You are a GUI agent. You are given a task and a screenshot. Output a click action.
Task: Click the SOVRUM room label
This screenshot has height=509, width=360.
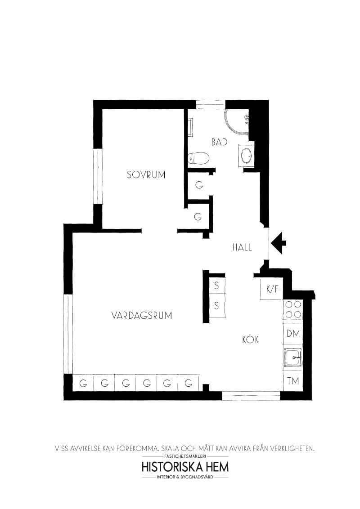146,174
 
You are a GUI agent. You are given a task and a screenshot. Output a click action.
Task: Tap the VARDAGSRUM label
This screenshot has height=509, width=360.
142,316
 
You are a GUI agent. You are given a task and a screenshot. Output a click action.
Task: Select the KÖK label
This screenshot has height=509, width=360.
250,340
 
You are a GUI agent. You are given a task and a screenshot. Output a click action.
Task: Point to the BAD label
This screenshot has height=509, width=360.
219,142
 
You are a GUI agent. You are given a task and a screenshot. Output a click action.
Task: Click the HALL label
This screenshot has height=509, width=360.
242,247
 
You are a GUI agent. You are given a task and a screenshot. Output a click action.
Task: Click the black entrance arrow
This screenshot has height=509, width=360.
279,243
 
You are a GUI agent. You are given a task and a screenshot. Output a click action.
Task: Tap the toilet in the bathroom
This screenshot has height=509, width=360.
199,158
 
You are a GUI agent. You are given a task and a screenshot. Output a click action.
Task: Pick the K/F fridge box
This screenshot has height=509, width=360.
272,289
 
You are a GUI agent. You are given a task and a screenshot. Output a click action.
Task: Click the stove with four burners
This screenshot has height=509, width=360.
292,310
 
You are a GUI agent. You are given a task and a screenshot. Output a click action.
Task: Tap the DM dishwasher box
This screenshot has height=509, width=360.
293,334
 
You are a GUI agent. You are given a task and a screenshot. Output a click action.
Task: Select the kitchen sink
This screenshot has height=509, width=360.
292,358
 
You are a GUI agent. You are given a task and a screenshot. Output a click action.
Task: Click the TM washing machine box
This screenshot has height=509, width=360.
293,381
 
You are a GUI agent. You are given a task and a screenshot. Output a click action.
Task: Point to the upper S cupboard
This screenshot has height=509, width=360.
216,285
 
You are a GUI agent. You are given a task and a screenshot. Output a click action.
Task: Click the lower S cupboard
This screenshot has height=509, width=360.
216,306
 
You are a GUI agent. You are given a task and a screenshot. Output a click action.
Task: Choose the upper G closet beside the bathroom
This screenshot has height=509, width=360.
198,185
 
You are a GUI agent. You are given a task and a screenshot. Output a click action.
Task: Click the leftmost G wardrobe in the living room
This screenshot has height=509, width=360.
83,384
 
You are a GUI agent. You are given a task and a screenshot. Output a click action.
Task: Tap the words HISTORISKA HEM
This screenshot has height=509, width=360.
184,466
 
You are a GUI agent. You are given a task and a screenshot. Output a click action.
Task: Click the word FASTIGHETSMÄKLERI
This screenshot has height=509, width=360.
184,456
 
